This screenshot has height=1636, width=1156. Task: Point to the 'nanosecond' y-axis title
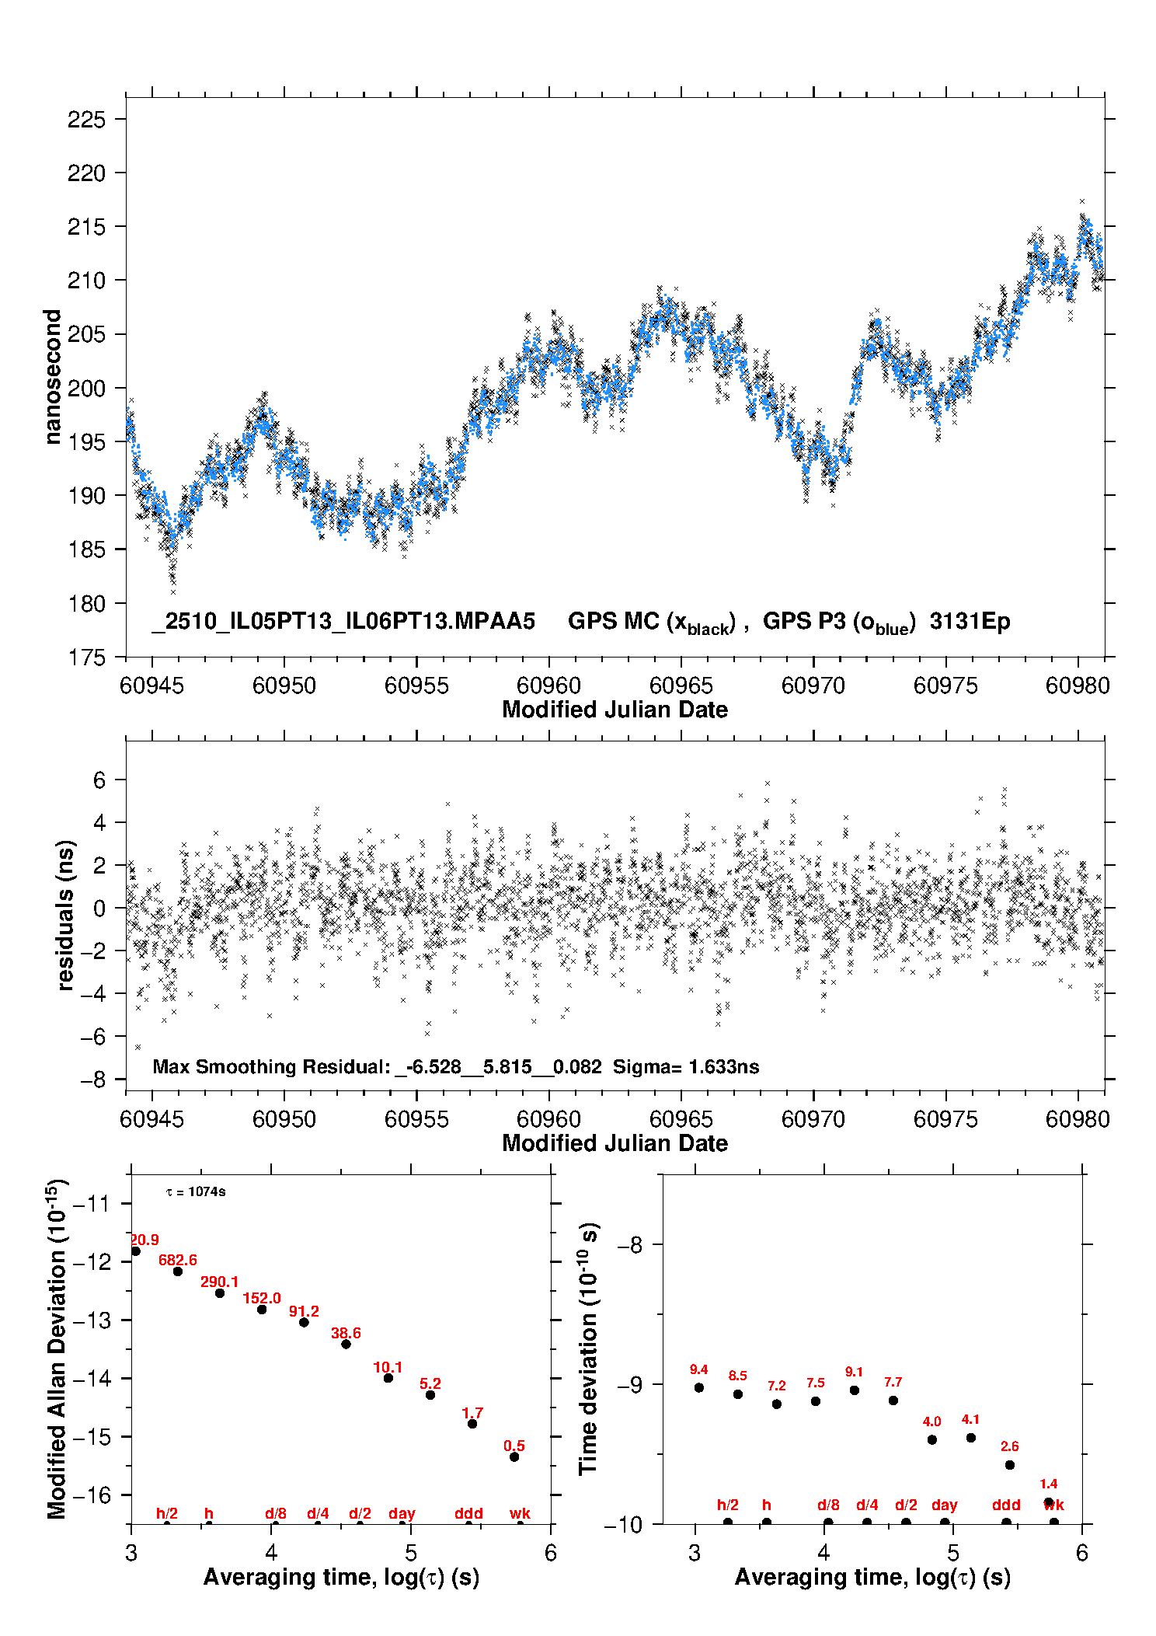53,377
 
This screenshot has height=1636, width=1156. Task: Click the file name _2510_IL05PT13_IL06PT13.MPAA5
343,622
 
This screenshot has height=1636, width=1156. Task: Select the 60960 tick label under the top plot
548,685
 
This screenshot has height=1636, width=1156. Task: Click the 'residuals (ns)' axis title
66,915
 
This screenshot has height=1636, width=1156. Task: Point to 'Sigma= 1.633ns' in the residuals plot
685,1066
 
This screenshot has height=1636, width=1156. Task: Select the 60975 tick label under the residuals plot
945,1119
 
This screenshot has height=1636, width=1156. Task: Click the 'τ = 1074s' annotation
196,1192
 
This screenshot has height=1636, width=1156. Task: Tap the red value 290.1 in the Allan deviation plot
219,1282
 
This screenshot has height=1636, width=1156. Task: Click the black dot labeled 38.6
346,1344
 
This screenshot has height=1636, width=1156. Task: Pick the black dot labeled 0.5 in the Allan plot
514,1456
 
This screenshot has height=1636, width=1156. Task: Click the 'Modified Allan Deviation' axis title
57,1348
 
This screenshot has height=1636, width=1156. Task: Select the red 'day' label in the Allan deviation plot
402,1513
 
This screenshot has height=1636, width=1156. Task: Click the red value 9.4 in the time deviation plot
698,1369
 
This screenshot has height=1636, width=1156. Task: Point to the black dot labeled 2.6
1009,1465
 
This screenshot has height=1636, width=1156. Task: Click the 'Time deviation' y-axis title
588,1349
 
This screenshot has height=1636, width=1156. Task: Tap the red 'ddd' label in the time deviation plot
1006,1505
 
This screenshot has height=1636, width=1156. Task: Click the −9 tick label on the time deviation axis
629,1385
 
